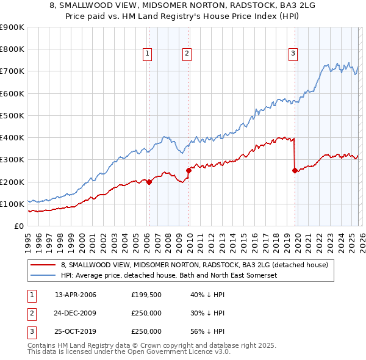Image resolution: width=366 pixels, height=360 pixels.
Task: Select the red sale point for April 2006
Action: pos(149,182)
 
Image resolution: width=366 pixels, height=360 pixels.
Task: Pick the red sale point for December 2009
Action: pos(189,171)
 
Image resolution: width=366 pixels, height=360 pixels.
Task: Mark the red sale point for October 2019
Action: pos(295,171)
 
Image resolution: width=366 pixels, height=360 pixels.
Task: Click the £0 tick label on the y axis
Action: pos(18,226)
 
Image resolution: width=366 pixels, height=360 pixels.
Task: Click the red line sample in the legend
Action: pos(43,265)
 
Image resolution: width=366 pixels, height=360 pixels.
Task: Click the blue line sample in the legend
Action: pos(43,275)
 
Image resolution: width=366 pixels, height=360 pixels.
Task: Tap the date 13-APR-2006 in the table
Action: pos(76,295)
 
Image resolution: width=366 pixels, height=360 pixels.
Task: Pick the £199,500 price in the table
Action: pos(146,295)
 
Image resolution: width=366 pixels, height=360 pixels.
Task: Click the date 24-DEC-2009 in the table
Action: pos(76,314)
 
